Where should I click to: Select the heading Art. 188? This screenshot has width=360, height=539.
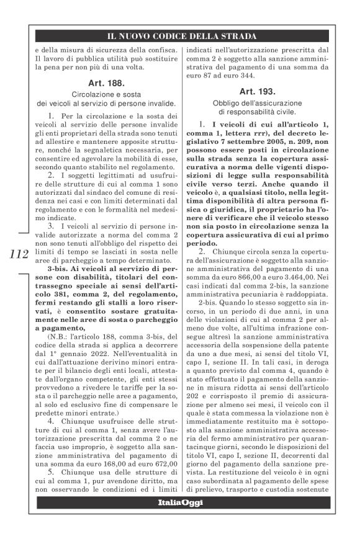104,82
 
